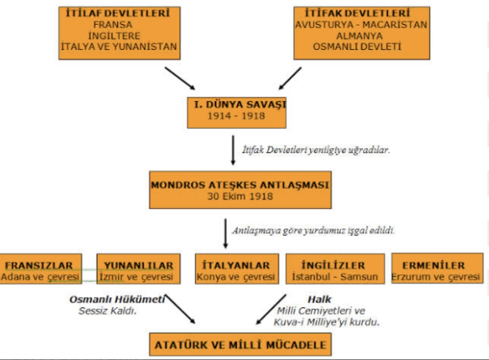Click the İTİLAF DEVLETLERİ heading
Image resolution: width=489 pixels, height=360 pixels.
pyautogui.click(x=118, y=13)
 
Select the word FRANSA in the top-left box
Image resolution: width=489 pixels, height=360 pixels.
pyautogui.click(x=113, y=25)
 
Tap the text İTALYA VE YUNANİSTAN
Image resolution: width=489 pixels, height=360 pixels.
pyautogui.click(x=119, y=46)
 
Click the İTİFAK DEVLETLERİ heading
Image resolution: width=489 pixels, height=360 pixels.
pyautogui.click(x=357, y=13)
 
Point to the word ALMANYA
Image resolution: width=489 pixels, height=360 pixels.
pyautogui.click(x=359, y=36)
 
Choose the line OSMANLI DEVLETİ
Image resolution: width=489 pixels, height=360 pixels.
pyautogui.click(x=357, y=46)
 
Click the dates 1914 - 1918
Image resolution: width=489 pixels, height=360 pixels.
pyautogui.click(x=237, y=116)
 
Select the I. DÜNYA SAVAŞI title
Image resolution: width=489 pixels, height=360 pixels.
pyautogui.click(x=240, y=104)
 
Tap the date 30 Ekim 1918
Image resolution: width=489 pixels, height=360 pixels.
pyautogui.click(x=240, y=196)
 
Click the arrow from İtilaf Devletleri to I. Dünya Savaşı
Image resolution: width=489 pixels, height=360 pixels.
pyautogui.click(x=180, y=78)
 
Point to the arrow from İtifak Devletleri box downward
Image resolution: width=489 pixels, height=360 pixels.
pyautogui.click(x=290, y=78)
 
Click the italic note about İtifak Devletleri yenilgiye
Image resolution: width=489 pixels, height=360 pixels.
pyautogui.click(x=316, y=150)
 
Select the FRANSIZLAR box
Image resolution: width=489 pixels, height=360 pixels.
pyautogui.click(x=41, y=268)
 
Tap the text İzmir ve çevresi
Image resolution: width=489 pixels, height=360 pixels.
pyautogui.click(x=136, y=277)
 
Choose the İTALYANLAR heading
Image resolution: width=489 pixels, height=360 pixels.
pyautogui.click(x=236, y=266)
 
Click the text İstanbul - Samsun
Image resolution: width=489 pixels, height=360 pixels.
pyautogui.click(x=334, y=277)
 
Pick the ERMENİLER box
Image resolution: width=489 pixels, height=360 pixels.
pyautogui.click(x=437, y=268)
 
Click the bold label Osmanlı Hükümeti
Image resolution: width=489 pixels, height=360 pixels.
pyautogui.click(x=117, y=299)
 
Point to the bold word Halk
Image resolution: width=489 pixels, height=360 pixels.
pyautogui.click(x=319, y=299)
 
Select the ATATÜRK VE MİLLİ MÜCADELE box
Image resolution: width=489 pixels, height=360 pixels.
pyautogui.click(x=240, y=344)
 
